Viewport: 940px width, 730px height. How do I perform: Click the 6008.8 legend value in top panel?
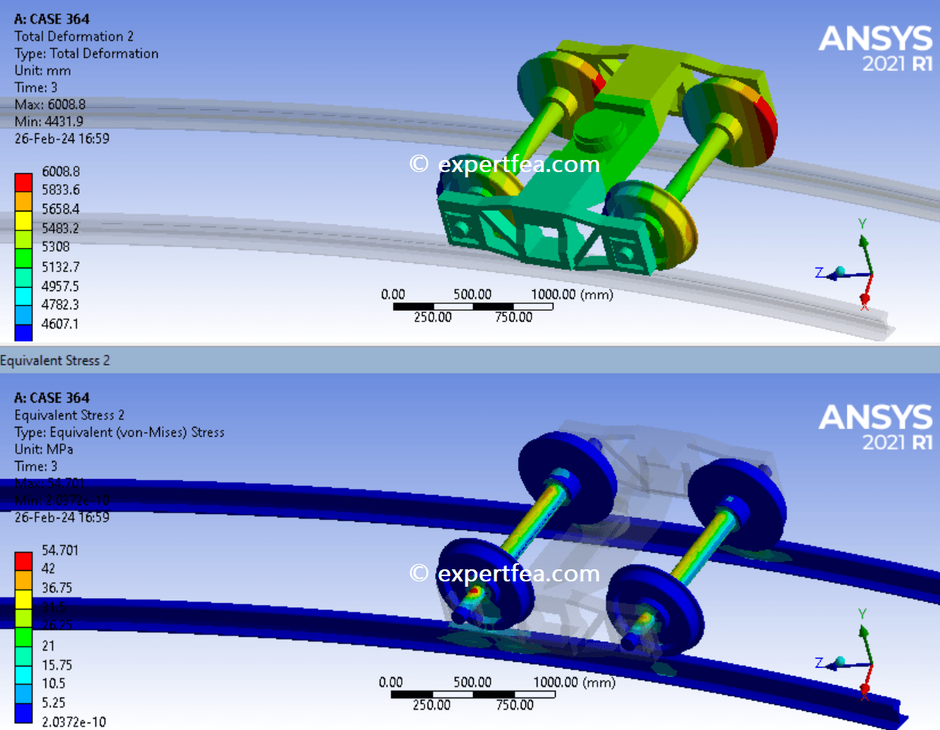point(61,172)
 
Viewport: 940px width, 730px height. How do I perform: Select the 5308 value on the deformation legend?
point(55,247)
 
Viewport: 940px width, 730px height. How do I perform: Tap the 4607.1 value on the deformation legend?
point(60,324)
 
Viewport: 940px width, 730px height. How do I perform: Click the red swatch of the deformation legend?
point(23,182)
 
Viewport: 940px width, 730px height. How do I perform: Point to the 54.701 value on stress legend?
point(60,550)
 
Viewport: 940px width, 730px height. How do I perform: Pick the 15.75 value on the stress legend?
point(57,665)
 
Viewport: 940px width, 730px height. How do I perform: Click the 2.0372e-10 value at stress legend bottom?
point(74,722)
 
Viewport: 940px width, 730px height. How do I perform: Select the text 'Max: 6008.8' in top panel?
point(50,105)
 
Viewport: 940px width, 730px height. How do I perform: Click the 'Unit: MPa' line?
point(44,449)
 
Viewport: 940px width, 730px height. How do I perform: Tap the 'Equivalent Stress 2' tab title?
point(55,361)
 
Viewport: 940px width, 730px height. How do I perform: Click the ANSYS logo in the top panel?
point(876,47)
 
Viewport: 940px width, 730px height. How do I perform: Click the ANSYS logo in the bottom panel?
point(876,426)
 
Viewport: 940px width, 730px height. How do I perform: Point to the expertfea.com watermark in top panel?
point(505,164)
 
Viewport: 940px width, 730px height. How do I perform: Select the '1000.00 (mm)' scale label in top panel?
point(572,294)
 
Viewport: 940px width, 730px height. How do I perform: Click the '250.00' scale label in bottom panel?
point(431,705)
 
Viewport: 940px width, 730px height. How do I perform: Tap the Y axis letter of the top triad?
point(862,224)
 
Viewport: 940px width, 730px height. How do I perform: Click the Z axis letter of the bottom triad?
point(819,663)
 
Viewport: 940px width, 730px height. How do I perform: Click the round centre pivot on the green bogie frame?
point(595,133)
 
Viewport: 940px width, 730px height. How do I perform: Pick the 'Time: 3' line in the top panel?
point(36,87)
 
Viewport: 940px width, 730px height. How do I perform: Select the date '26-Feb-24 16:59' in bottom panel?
point(61,517)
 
